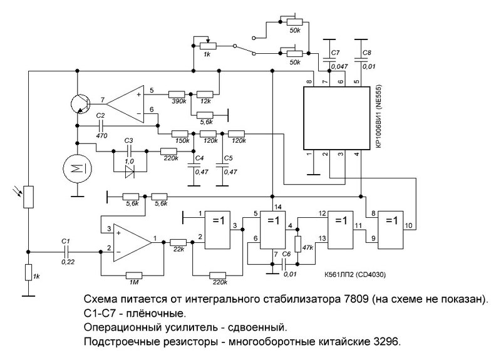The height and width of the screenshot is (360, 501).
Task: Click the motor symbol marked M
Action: (77, 168)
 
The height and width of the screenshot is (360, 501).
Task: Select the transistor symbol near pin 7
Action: (80, 103)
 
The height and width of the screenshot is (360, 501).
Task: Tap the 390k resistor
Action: (177, 95)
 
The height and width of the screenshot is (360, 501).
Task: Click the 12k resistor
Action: (205, 95)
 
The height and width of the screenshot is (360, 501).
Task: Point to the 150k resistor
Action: (180, 133)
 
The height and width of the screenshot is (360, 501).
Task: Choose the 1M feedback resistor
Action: (134, 275)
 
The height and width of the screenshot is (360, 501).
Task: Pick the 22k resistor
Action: (178, 243)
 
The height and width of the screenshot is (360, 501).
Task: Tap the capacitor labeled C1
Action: (66, 252)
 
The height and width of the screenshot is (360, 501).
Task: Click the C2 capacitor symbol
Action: (101, 126)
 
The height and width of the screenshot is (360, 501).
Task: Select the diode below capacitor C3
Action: (130, 172)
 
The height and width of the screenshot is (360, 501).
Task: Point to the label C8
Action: (367, 53)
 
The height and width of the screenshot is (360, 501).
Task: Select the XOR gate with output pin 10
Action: (391, 230)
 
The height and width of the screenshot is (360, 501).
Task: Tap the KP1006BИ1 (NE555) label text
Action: (380, 116)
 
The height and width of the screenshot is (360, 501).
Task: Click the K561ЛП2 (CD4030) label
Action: (354, 275)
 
